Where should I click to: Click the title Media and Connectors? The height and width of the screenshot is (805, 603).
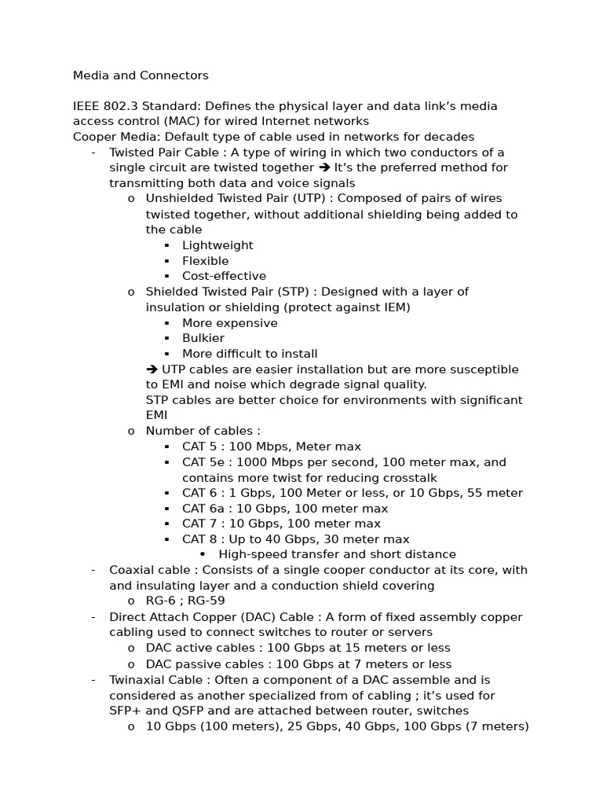141,75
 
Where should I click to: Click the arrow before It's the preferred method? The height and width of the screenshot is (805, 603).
324,167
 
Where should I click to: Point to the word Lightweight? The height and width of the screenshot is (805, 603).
217,245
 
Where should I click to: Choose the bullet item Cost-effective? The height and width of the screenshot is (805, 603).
224,276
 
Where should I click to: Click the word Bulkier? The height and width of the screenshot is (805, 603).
203,338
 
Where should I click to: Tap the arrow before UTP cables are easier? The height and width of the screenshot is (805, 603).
152,369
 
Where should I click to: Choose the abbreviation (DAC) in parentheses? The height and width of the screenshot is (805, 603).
254,617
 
